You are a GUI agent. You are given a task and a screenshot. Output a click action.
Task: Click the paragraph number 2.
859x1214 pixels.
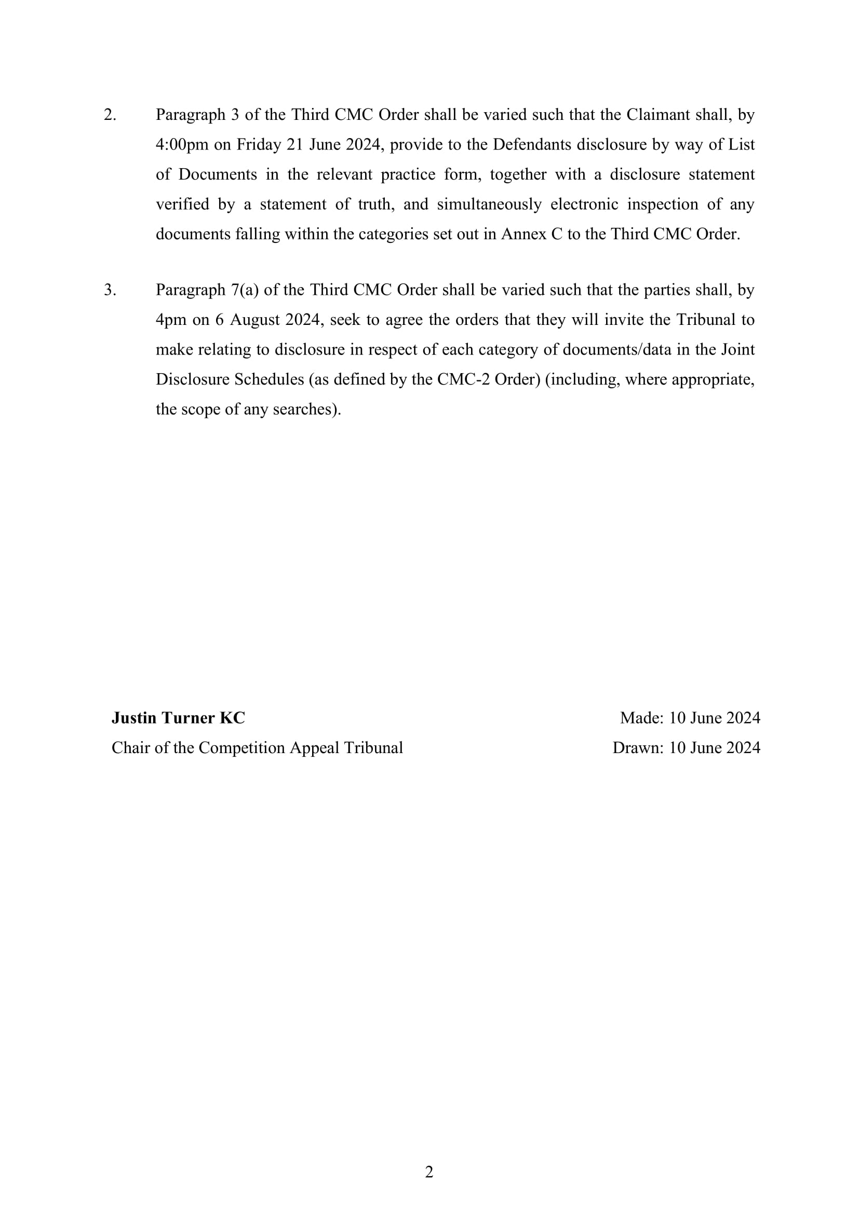point(110,115)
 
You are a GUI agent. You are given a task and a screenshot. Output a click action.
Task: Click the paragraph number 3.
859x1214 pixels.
point(110,290)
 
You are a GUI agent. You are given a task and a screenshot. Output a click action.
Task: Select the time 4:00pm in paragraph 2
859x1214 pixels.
point(182,145)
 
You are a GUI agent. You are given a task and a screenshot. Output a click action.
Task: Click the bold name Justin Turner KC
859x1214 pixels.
point(178,717)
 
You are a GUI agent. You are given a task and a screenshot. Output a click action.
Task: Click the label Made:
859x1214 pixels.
point(641,717)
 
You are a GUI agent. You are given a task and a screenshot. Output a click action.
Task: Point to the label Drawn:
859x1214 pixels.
point(638,747)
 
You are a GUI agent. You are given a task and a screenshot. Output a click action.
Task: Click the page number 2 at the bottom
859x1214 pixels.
point(429,1172)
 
